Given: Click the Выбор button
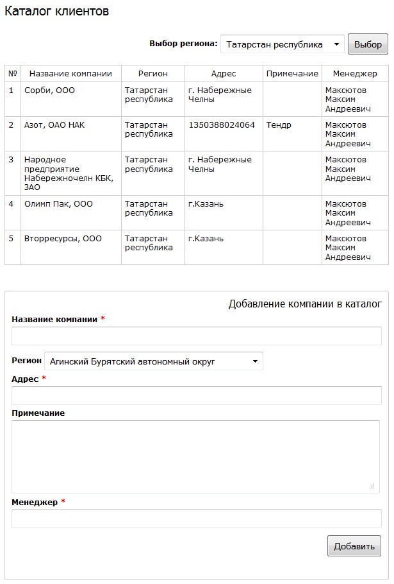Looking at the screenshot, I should coord(368,44).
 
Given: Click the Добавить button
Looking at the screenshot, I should coord(354,546).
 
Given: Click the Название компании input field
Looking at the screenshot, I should coord(196,336).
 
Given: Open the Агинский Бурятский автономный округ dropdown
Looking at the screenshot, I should coord(154,361).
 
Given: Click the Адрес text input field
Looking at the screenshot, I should coord(196,395).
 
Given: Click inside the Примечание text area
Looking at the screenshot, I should coord(195,456).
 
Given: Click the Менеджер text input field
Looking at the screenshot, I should coord(196,519).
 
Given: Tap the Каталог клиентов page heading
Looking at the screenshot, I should coord(56,12).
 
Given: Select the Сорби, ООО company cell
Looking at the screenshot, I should coord(50,90).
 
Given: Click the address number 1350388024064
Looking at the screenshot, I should coord(222,125).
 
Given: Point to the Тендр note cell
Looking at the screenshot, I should coord(279,125).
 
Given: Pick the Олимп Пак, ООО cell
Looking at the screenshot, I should coord(58,204).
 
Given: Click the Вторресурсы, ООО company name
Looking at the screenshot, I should coord(63,239).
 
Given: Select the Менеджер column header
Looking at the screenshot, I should coord(355,73).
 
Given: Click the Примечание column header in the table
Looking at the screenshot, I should coord(292,73).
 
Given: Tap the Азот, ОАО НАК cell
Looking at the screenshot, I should coord(54,125).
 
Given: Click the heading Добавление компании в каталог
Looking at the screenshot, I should coord(304,304).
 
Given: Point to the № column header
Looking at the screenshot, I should coord(13,73).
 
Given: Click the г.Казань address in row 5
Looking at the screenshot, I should coord(206,239).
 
